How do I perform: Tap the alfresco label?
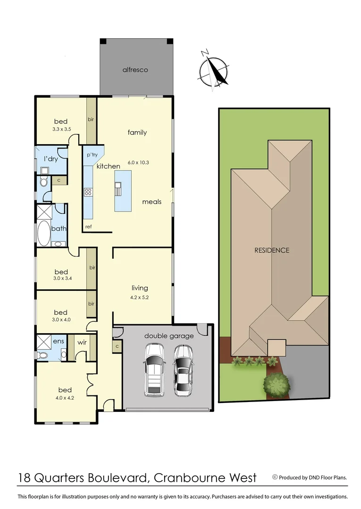pos(135,70)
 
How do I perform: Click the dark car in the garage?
pos(183,369)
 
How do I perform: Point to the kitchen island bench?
pos(123,190)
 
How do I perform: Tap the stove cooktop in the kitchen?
pos(88,191)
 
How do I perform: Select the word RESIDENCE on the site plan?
pos(272,250)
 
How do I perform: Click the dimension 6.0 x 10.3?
pos(138,163)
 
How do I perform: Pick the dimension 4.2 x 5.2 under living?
pos(140,297)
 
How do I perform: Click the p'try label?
pos(92,155)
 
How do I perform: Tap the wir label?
pos(81,342)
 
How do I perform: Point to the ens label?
pos(59,341)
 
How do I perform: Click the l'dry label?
pos(50,159)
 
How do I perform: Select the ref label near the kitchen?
pos(88,227)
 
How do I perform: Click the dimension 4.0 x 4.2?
pos(65,397)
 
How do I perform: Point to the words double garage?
pos(169,336)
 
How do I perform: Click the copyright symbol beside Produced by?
pos(275,477)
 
